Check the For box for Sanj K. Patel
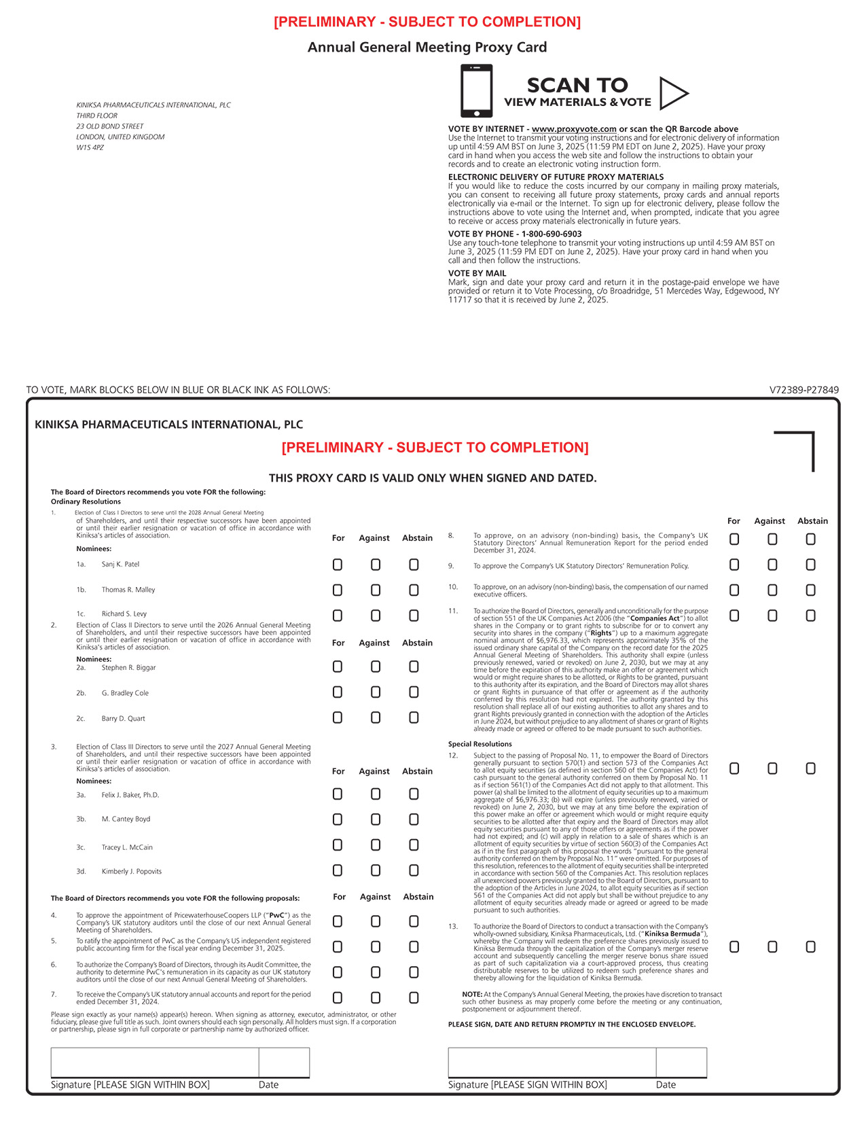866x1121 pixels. coord(338,565)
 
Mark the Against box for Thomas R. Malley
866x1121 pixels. coord(376,590)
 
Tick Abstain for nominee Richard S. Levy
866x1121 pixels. coord(414,616)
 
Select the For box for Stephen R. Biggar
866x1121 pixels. coord(338,666)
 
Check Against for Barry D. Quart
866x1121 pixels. coord(376,717)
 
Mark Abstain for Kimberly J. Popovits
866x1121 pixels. coord(414,870)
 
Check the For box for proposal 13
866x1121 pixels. coord(734,946)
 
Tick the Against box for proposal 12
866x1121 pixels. coord(772,768)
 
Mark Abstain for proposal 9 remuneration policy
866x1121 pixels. coord(810,565)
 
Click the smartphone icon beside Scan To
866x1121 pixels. coord(476,90)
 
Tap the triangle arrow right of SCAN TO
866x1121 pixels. coord(673,93)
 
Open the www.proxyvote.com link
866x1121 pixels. coord(574,129)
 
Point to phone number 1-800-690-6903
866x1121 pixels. coord(552,234)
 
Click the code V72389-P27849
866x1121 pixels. coord(804,390)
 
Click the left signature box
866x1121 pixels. coord(154,1062)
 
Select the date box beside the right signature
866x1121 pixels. coord(681,1062)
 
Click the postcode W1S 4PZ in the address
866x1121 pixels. coord(90,147)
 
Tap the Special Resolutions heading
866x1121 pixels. coord(480,744)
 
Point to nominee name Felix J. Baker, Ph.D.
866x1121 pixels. coord(130,795)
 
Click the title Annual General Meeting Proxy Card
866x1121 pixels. coord(427,48)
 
